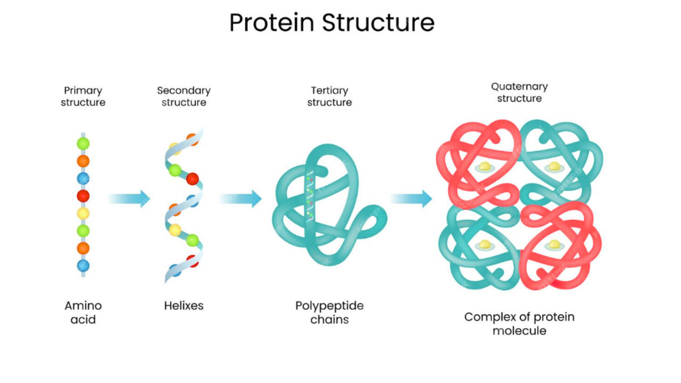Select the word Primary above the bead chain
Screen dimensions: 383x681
click(x=83, y=90)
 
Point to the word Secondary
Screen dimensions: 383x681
click(x=184, y=90)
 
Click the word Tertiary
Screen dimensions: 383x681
click(x=329, y=90)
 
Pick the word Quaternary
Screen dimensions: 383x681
click(x=519, y=86)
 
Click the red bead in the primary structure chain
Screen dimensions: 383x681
click(x=83, y=196)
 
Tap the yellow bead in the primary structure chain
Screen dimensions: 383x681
click(x=83, y=213)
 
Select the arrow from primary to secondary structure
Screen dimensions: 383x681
click(x=129, y=198)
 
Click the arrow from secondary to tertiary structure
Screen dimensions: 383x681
click(x=241, y=198)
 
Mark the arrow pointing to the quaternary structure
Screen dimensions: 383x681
click(x=411, y=198)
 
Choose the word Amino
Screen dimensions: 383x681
click(x=83, y=306)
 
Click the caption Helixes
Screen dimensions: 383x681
click(x=184, y=306)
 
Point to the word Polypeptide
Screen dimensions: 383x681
click(x=329, y=306)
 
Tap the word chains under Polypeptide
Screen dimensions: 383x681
click(x=329, y=320)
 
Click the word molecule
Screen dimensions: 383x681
click(x=519, y=331)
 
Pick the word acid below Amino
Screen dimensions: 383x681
click(x=83, y=320)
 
